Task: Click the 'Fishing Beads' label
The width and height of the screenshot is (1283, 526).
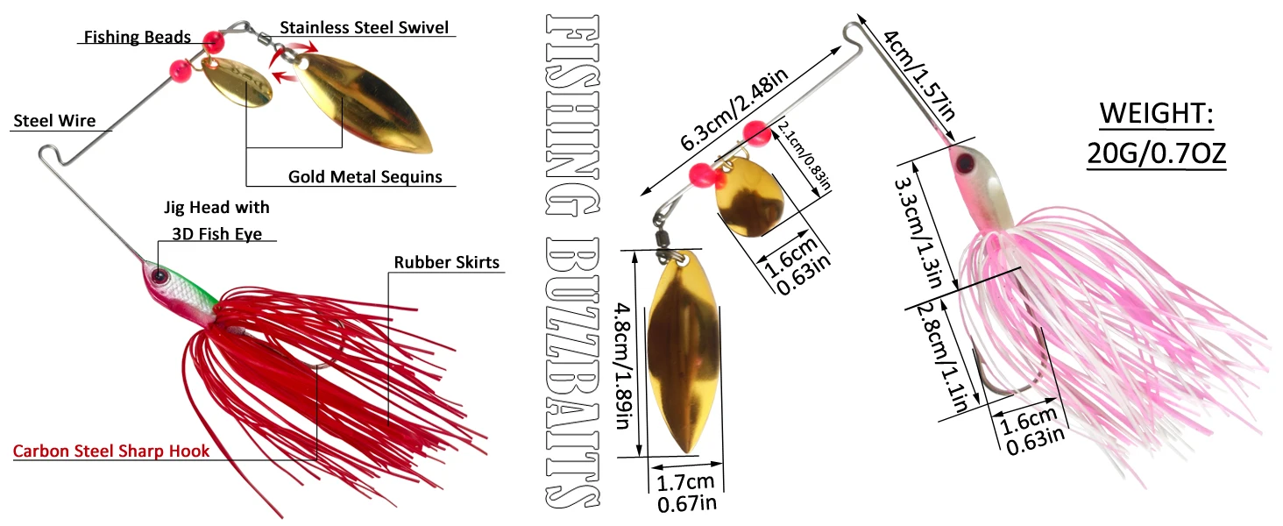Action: point(138,37)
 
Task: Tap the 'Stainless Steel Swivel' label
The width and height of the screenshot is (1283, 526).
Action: point(365,27)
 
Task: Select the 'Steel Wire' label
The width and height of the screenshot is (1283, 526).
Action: point(54,121)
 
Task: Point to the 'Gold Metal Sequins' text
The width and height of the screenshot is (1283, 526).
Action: point(365,176)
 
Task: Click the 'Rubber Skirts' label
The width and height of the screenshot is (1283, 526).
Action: point(447,262)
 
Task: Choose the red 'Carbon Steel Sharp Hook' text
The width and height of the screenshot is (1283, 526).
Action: point(111,451)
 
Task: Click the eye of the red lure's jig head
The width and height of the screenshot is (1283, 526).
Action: point(159,276)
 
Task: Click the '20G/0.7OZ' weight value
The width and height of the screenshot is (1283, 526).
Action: point(1157,153)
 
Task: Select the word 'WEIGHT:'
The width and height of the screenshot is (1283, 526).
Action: point(1157,113)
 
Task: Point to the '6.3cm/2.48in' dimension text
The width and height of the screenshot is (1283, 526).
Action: point(734,109)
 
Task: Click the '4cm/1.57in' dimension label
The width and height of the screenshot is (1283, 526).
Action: point(918,75)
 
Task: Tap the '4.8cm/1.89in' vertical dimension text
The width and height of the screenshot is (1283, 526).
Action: point(624,366)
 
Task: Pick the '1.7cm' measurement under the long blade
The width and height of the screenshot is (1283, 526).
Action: point(685,482)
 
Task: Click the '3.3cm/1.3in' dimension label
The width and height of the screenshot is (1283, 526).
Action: point(918,232)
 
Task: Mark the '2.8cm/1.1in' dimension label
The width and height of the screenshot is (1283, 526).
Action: point(943,358)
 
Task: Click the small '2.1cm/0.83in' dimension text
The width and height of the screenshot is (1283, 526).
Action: point(804,155)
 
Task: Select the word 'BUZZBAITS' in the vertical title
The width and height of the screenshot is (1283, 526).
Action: point(572,373)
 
